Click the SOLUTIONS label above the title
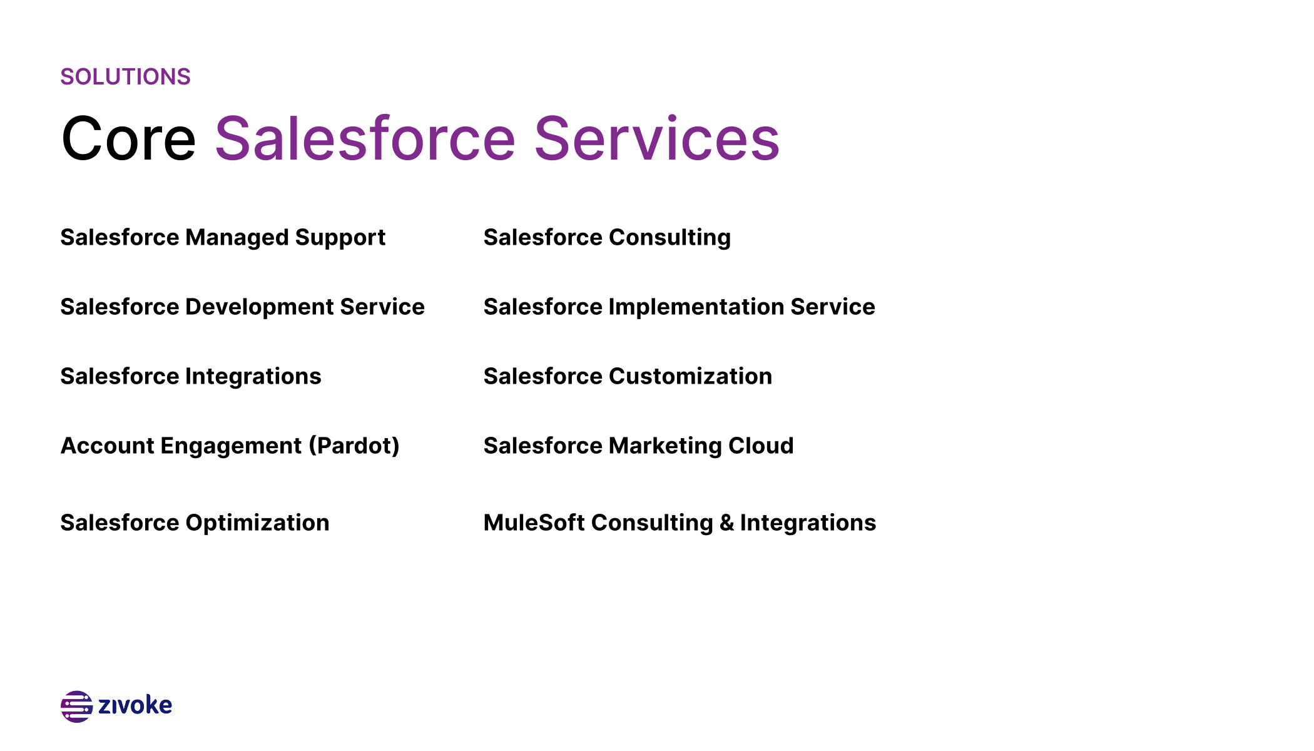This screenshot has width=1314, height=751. (125, 77)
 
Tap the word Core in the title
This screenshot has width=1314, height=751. (129, 139)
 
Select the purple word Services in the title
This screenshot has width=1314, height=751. (657, 139)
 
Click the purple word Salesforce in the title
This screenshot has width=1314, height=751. (365, 139)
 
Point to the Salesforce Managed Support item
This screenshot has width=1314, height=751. (223, 238)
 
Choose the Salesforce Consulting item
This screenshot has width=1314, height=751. (607, 238)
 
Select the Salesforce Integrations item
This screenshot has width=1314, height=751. (191, 377)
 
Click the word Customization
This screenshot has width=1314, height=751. (690, 377)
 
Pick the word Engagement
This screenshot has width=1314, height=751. (231, 446)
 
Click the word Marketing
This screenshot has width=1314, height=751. (665, 446)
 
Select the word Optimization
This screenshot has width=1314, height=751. (257, 523)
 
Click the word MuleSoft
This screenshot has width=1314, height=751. (534, 523)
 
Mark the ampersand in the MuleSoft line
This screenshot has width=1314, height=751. (726, 523)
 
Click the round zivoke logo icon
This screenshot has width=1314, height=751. (76, 707)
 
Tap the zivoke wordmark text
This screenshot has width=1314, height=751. (135, 705)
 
